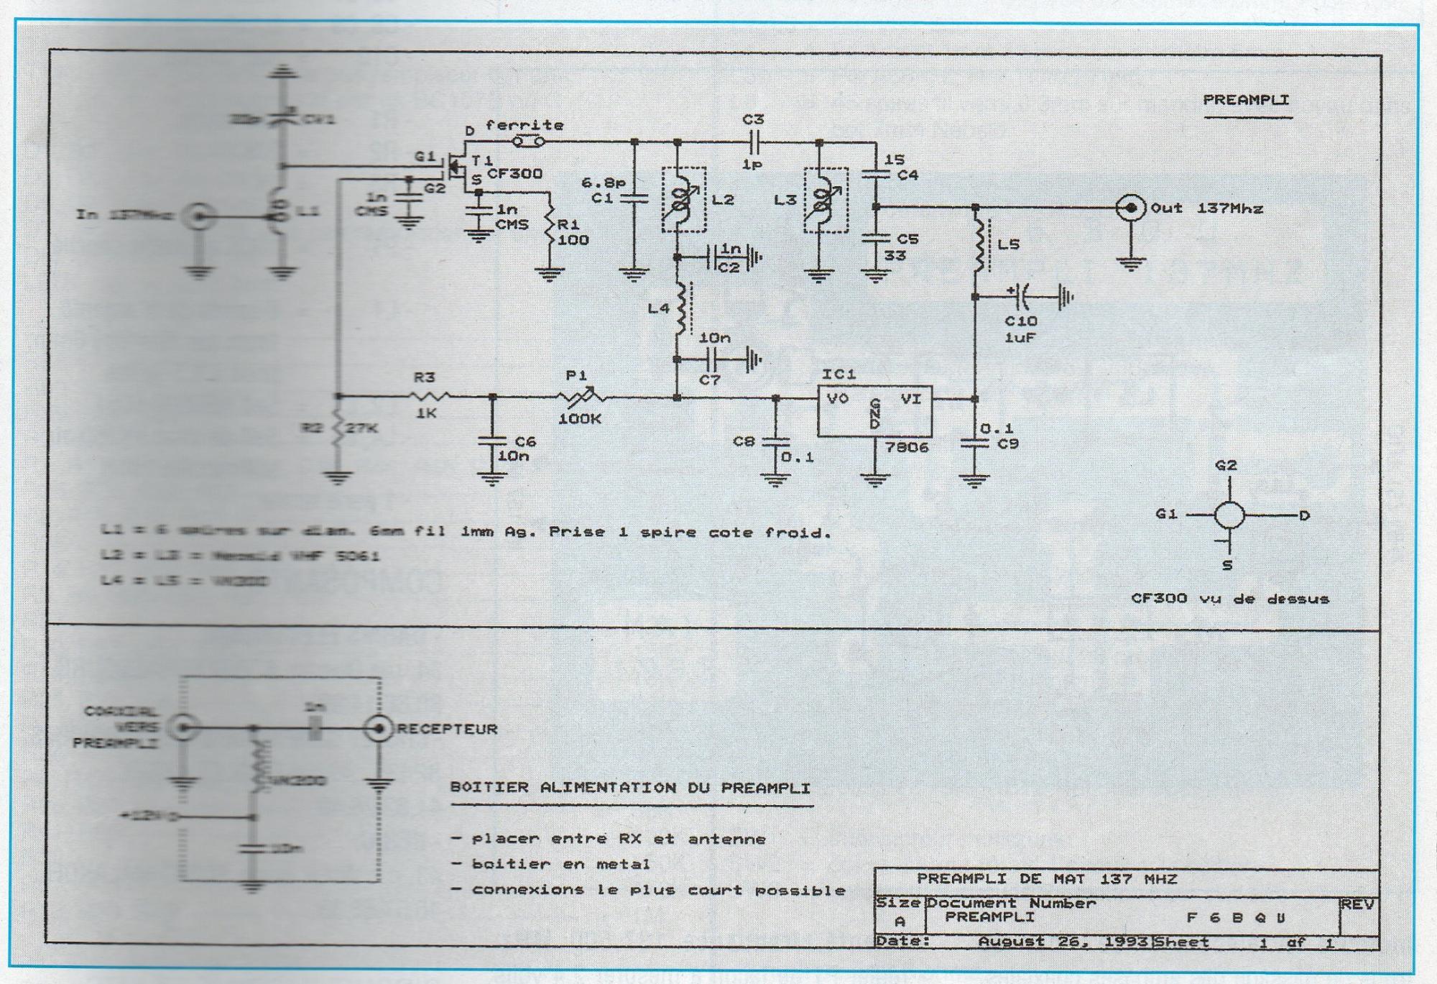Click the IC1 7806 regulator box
pos(874,410)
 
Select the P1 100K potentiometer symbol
pos(582,395)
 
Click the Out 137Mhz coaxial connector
pos(1131,208)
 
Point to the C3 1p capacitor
pos(752,142)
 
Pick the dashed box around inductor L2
pos(683,200)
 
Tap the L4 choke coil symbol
pos(679,309)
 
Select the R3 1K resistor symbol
pos(429,395)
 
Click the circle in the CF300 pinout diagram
pos(1229,515)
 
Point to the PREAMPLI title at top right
pos(1246,101)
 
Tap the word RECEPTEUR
pos(447,729)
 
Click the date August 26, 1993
pos(1063,942)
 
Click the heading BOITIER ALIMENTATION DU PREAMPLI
pos(630,788)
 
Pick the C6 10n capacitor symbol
pos(492,440)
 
